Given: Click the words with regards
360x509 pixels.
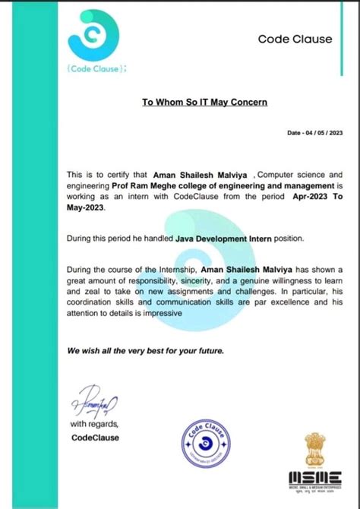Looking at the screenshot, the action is tap(94, 423).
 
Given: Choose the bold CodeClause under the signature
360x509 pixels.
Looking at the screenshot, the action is tap(95, 438).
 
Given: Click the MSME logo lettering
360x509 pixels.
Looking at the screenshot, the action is tap(312, 477).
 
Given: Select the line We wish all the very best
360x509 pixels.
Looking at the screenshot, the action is tap(144, 352).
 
